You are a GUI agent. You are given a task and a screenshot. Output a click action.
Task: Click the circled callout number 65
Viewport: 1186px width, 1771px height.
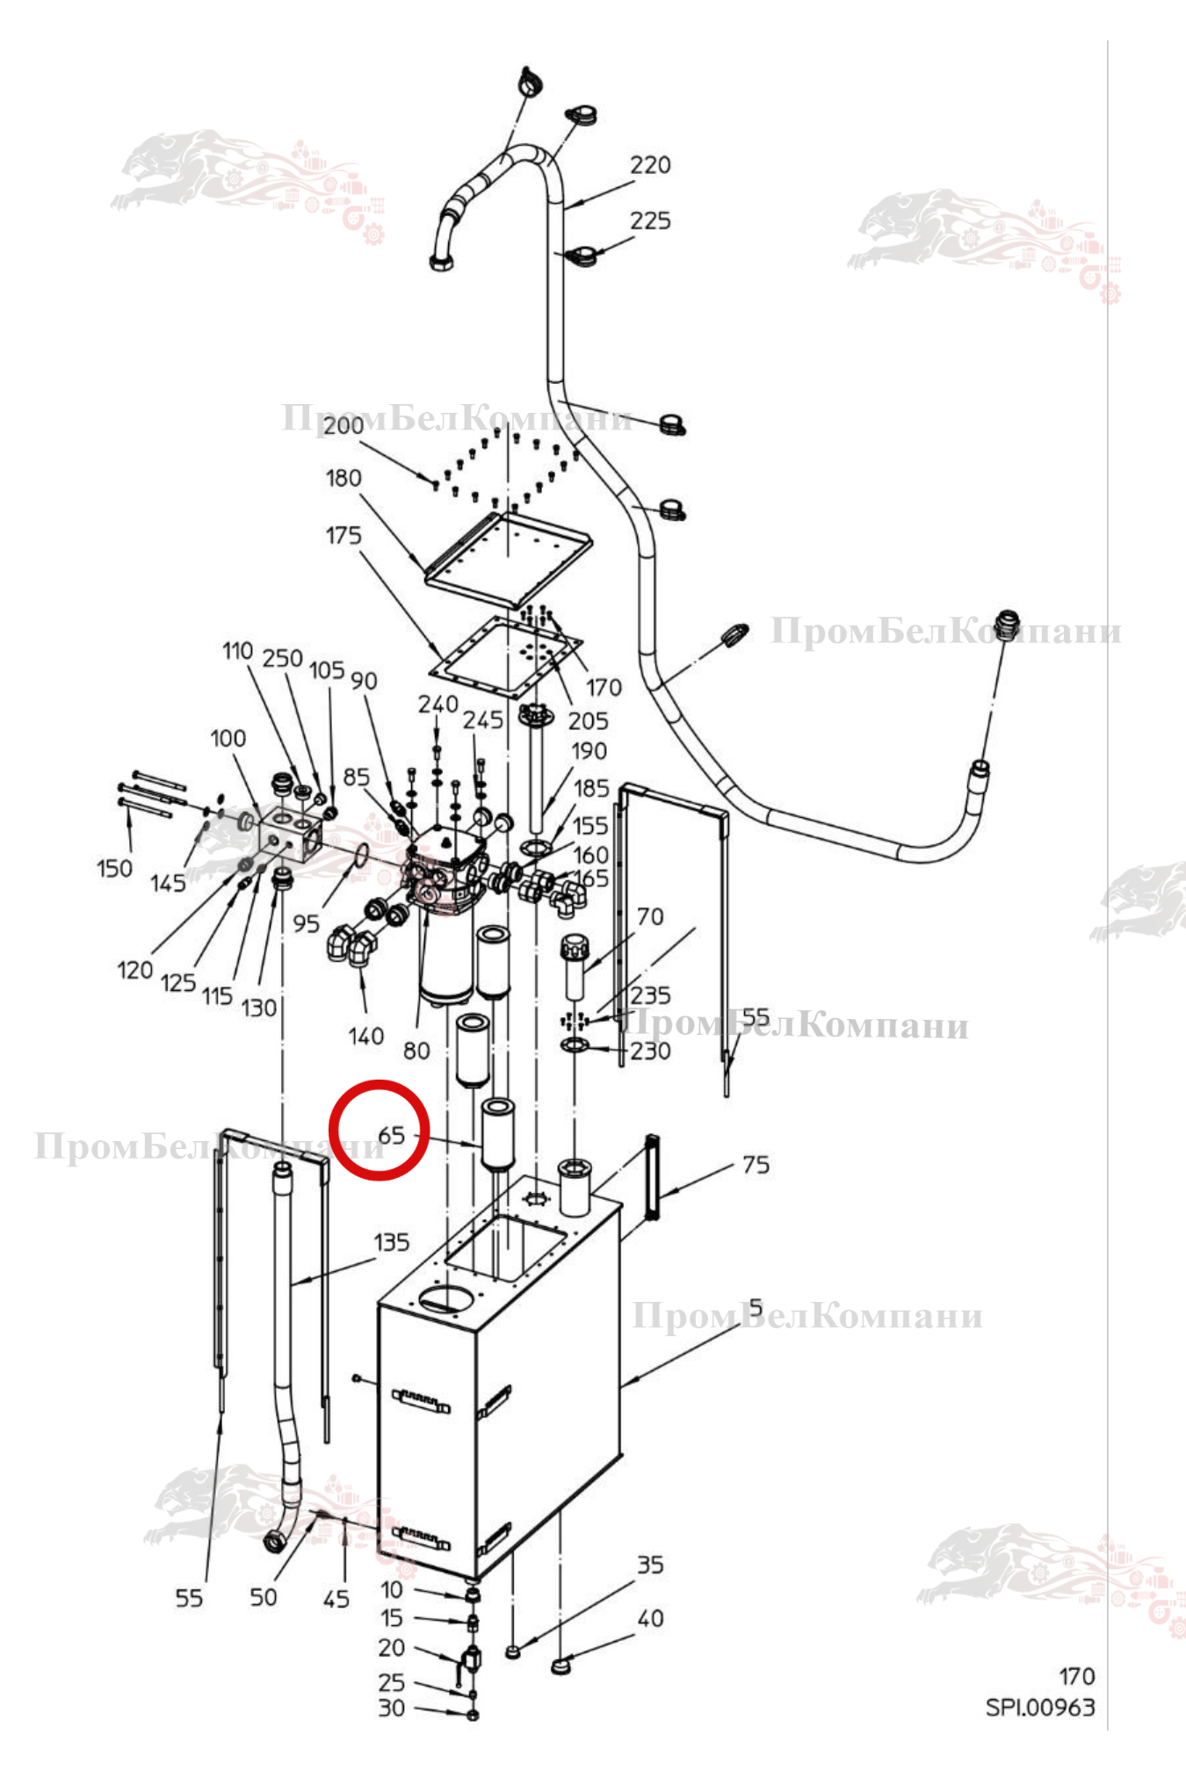(x=391, y=1135)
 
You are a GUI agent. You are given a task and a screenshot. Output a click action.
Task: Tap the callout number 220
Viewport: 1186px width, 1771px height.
(x=650, y=165)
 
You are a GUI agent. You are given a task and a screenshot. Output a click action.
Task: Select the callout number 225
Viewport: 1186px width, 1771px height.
(x=650, y=220)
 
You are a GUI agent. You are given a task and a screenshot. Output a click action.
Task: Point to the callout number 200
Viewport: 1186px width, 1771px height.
(x=344, y=426)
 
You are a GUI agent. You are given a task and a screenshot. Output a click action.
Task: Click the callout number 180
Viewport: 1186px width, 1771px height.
(x=344, y=478)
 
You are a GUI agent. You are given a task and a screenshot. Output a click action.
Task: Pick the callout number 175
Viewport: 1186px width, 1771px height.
(x=344, y=535)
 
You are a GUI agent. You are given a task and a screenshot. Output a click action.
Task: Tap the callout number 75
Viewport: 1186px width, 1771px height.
(x=756, y=1165)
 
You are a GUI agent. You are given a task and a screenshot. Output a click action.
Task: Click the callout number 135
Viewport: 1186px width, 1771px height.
(x=392, y=1242)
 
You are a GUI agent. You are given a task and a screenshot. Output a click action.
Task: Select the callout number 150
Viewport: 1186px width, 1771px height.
(x=114, y=869)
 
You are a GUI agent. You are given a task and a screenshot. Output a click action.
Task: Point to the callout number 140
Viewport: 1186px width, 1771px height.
(x=365, y=1037)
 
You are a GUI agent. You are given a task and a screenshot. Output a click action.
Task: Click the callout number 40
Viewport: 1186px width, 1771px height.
(x=650, y=1618)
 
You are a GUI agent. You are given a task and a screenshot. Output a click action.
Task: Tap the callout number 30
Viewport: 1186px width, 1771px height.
(x=392, y=1709)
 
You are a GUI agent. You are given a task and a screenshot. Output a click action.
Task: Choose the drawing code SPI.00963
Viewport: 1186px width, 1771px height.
(x=1040, y=1708)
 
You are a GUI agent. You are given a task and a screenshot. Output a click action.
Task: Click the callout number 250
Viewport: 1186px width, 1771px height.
(x=283, y=658)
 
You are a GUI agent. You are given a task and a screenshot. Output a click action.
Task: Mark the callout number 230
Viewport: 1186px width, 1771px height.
(x=650, y=1051)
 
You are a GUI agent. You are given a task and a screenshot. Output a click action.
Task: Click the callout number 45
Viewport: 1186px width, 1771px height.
(x=336, y=1599)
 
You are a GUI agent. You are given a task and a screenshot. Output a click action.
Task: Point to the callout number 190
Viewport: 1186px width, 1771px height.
(x=589, y=751)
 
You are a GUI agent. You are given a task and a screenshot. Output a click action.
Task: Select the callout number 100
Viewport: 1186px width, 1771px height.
(x=228, y=738)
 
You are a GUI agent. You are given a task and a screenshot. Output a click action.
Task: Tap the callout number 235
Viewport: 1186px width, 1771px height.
(x=650, y=995)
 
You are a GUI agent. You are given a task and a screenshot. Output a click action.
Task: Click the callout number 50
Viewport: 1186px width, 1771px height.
(x=264, y=1598)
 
